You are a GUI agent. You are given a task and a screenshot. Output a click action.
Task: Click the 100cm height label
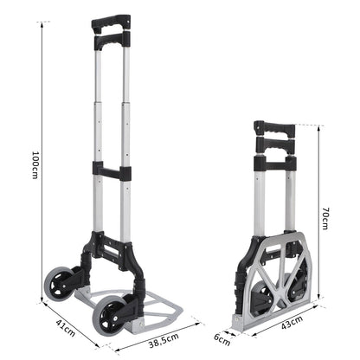pyautogui.click(x=34, y=165)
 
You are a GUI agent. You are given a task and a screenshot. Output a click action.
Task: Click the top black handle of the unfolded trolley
pyautogui.click(x=112, y=23)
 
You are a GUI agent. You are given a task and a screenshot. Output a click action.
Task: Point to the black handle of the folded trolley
pyautogui.click(x=274, y=130)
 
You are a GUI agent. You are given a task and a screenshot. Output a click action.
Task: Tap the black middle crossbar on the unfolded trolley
pyautogui.click(x=112, y=170)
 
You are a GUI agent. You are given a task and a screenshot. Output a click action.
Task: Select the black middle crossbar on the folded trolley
pyautogui.click(x=274, y=163)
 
